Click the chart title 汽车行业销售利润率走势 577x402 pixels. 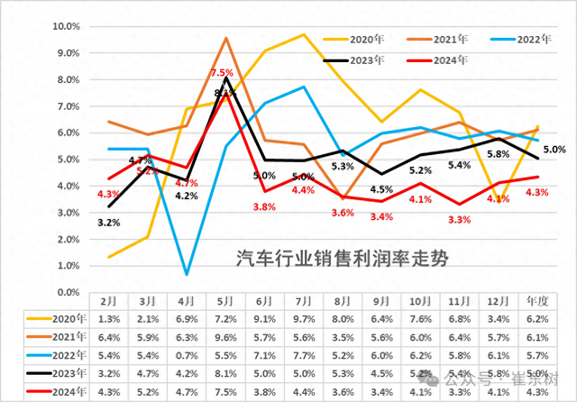[x=343, y=260]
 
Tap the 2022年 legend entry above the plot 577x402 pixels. [x=527, y=39]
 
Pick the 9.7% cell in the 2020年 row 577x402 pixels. [x=303, y=319]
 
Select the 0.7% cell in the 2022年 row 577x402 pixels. [x=186, y=355]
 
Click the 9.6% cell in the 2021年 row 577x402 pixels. [x=224, y=337]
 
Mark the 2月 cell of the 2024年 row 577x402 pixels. [x=107, y=391]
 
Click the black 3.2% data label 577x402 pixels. [x=109, y=222]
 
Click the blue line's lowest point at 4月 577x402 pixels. [x=187, y=274]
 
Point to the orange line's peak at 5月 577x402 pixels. [x=226, y=38]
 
